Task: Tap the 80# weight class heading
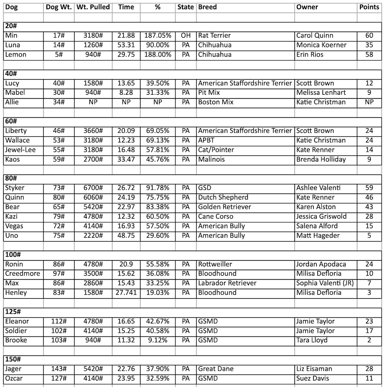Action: (10, 179)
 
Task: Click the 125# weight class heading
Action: (12, 312)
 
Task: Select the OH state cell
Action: (186, 36)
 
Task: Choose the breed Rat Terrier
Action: (214, 36)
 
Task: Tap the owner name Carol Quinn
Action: (315, 36)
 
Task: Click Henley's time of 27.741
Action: (126, 293)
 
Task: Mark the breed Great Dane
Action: (216, 369)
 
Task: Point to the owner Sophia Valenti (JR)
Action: (325, 283)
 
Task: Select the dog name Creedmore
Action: (22, 274)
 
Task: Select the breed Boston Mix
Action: (216, 102)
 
